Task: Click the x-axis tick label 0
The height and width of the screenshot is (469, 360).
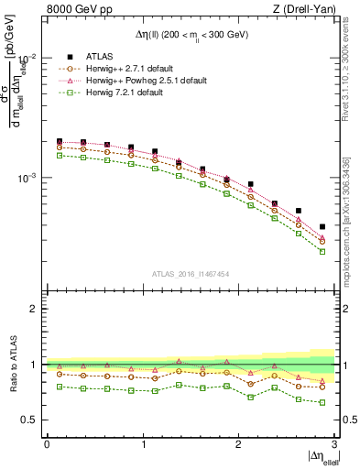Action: [x=47, y=443]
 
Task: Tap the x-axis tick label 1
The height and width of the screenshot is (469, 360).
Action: [x=143, y=443]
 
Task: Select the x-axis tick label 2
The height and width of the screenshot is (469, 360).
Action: [x=238, y=443]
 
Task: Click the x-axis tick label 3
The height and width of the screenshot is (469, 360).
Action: [x=333, y=443]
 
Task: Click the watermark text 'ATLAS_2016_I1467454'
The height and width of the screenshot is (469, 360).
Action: [x=191, y=273]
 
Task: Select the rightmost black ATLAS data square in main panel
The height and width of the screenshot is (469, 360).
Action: [x=322, y=226]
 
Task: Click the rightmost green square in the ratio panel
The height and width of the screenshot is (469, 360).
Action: [x=322, y=402]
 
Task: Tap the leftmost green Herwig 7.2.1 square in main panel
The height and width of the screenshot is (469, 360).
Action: [x=60, y=156]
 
